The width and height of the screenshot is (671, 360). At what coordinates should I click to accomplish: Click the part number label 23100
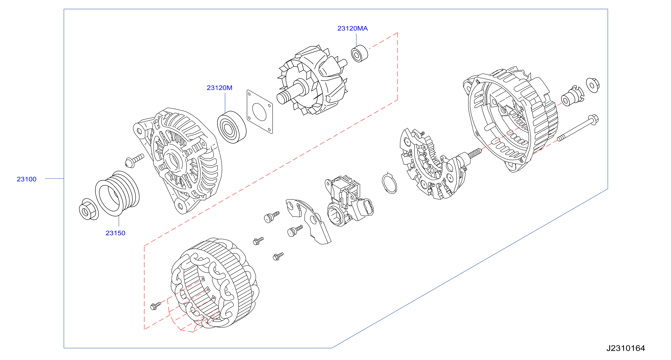tap(26, 179)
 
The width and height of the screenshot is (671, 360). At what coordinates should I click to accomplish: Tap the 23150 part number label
tap(116, 233)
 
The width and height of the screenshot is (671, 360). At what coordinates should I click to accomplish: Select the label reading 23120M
tap(220, 88)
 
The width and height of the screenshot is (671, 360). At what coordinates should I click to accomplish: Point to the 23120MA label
tap(352, 28)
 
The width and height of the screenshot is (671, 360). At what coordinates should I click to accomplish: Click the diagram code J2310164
tap(625, 348)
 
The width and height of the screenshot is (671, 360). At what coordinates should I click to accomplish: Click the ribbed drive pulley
tap(117, 193)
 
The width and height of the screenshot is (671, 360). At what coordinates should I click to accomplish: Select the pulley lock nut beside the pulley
tap(89, 209)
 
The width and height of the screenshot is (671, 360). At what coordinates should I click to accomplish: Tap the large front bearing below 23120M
tap(232, 127)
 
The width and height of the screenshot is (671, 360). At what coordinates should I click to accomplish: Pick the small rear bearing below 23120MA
tap(359, 54)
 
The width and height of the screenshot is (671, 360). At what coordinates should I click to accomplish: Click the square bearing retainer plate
tap(260, 112)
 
